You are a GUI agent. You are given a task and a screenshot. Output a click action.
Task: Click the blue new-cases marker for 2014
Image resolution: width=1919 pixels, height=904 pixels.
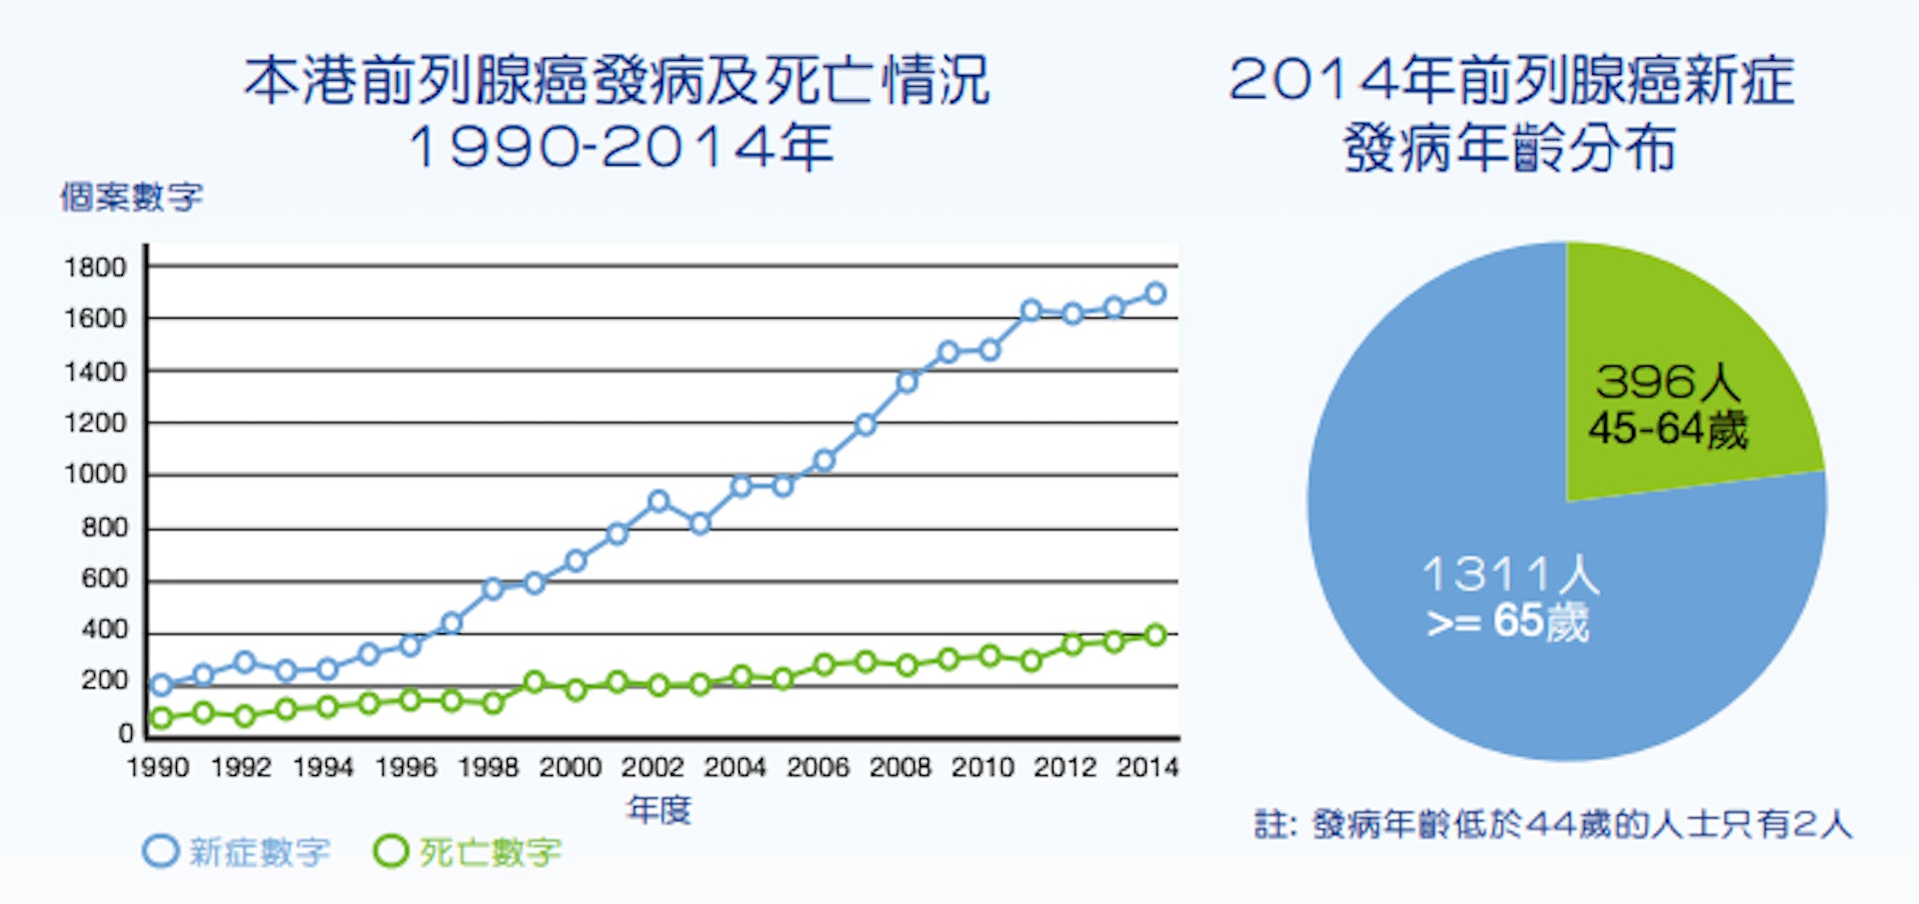(1155, 294)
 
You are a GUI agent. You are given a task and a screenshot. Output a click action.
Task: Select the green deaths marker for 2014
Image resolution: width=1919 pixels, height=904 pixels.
(1155, 635)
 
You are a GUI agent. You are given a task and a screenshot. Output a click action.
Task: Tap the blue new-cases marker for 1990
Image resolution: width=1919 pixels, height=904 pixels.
(161, 685)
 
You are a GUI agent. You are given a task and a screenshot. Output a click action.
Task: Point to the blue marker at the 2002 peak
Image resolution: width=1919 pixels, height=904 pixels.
(658, 501)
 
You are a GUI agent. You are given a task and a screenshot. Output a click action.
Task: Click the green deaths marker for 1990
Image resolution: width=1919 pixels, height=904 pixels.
(161, 718)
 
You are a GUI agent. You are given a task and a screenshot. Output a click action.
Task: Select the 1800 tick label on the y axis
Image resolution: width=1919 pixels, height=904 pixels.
(95, 268)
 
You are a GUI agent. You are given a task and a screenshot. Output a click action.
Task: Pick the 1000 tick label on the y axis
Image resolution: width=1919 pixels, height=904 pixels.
(95, 474)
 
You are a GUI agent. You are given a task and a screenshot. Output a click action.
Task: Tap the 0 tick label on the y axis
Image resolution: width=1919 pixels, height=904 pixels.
(126, 733)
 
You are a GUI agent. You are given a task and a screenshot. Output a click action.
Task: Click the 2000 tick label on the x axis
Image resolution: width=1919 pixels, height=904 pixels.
(570, 767)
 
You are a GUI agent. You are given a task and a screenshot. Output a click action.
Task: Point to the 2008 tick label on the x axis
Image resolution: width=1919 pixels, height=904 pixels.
(901, 767)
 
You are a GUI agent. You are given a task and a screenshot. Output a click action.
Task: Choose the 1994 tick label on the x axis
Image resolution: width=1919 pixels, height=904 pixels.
(323, 767)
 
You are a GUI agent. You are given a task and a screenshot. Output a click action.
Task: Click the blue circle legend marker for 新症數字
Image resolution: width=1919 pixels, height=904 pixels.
(161, 851)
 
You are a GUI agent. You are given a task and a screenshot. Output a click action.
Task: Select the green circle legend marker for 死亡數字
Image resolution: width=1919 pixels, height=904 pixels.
(391, 851)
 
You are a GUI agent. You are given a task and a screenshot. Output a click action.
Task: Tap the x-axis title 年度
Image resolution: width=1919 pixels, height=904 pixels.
(659, 809)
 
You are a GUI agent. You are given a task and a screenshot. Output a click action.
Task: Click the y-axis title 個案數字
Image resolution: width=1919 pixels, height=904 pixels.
(131, 197)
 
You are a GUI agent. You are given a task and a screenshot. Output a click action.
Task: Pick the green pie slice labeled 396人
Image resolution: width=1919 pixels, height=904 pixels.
(1679, 380)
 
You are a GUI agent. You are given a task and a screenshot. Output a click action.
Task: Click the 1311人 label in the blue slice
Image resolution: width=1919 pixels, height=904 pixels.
(1510, 574)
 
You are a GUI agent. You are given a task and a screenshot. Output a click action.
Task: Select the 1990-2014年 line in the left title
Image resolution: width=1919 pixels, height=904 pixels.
(621, 147)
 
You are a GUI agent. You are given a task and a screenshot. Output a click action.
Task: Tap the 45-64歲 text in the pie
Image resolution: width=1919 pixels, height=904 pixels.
(1668, 430)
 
